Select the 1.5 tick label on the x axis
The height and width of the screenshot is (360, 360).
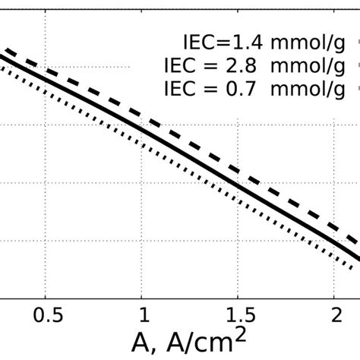(237, 314)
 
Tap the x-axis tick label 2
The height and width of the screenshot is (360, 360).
(333, 314)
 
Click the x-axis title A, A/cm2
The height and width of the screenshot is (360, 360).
(189, 339)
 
